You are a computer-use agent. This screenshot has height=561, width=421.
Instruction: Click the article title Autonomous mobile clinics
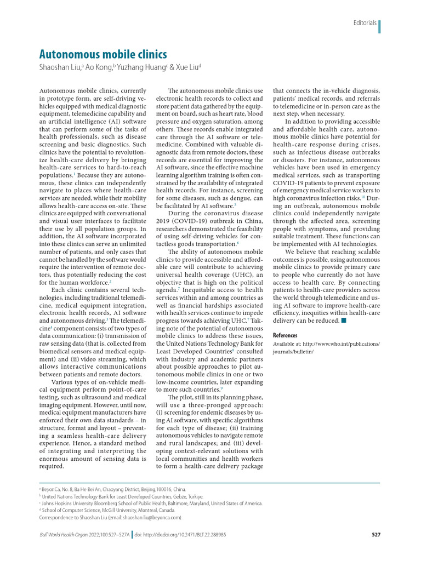click(x=103, y=55)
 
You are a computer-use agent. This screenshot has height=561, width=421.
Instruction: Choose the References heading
click(x=285, y=335)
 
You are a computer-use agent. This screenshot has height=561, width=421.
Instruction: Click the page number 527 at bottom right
click(x=376, y=534)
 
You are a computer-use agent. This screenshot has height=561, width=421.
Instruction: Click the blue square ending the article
click(x=343, y=320)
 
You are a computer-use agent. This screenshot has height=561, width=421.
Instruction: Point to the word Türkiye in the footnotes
click(x=194, y=496)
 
